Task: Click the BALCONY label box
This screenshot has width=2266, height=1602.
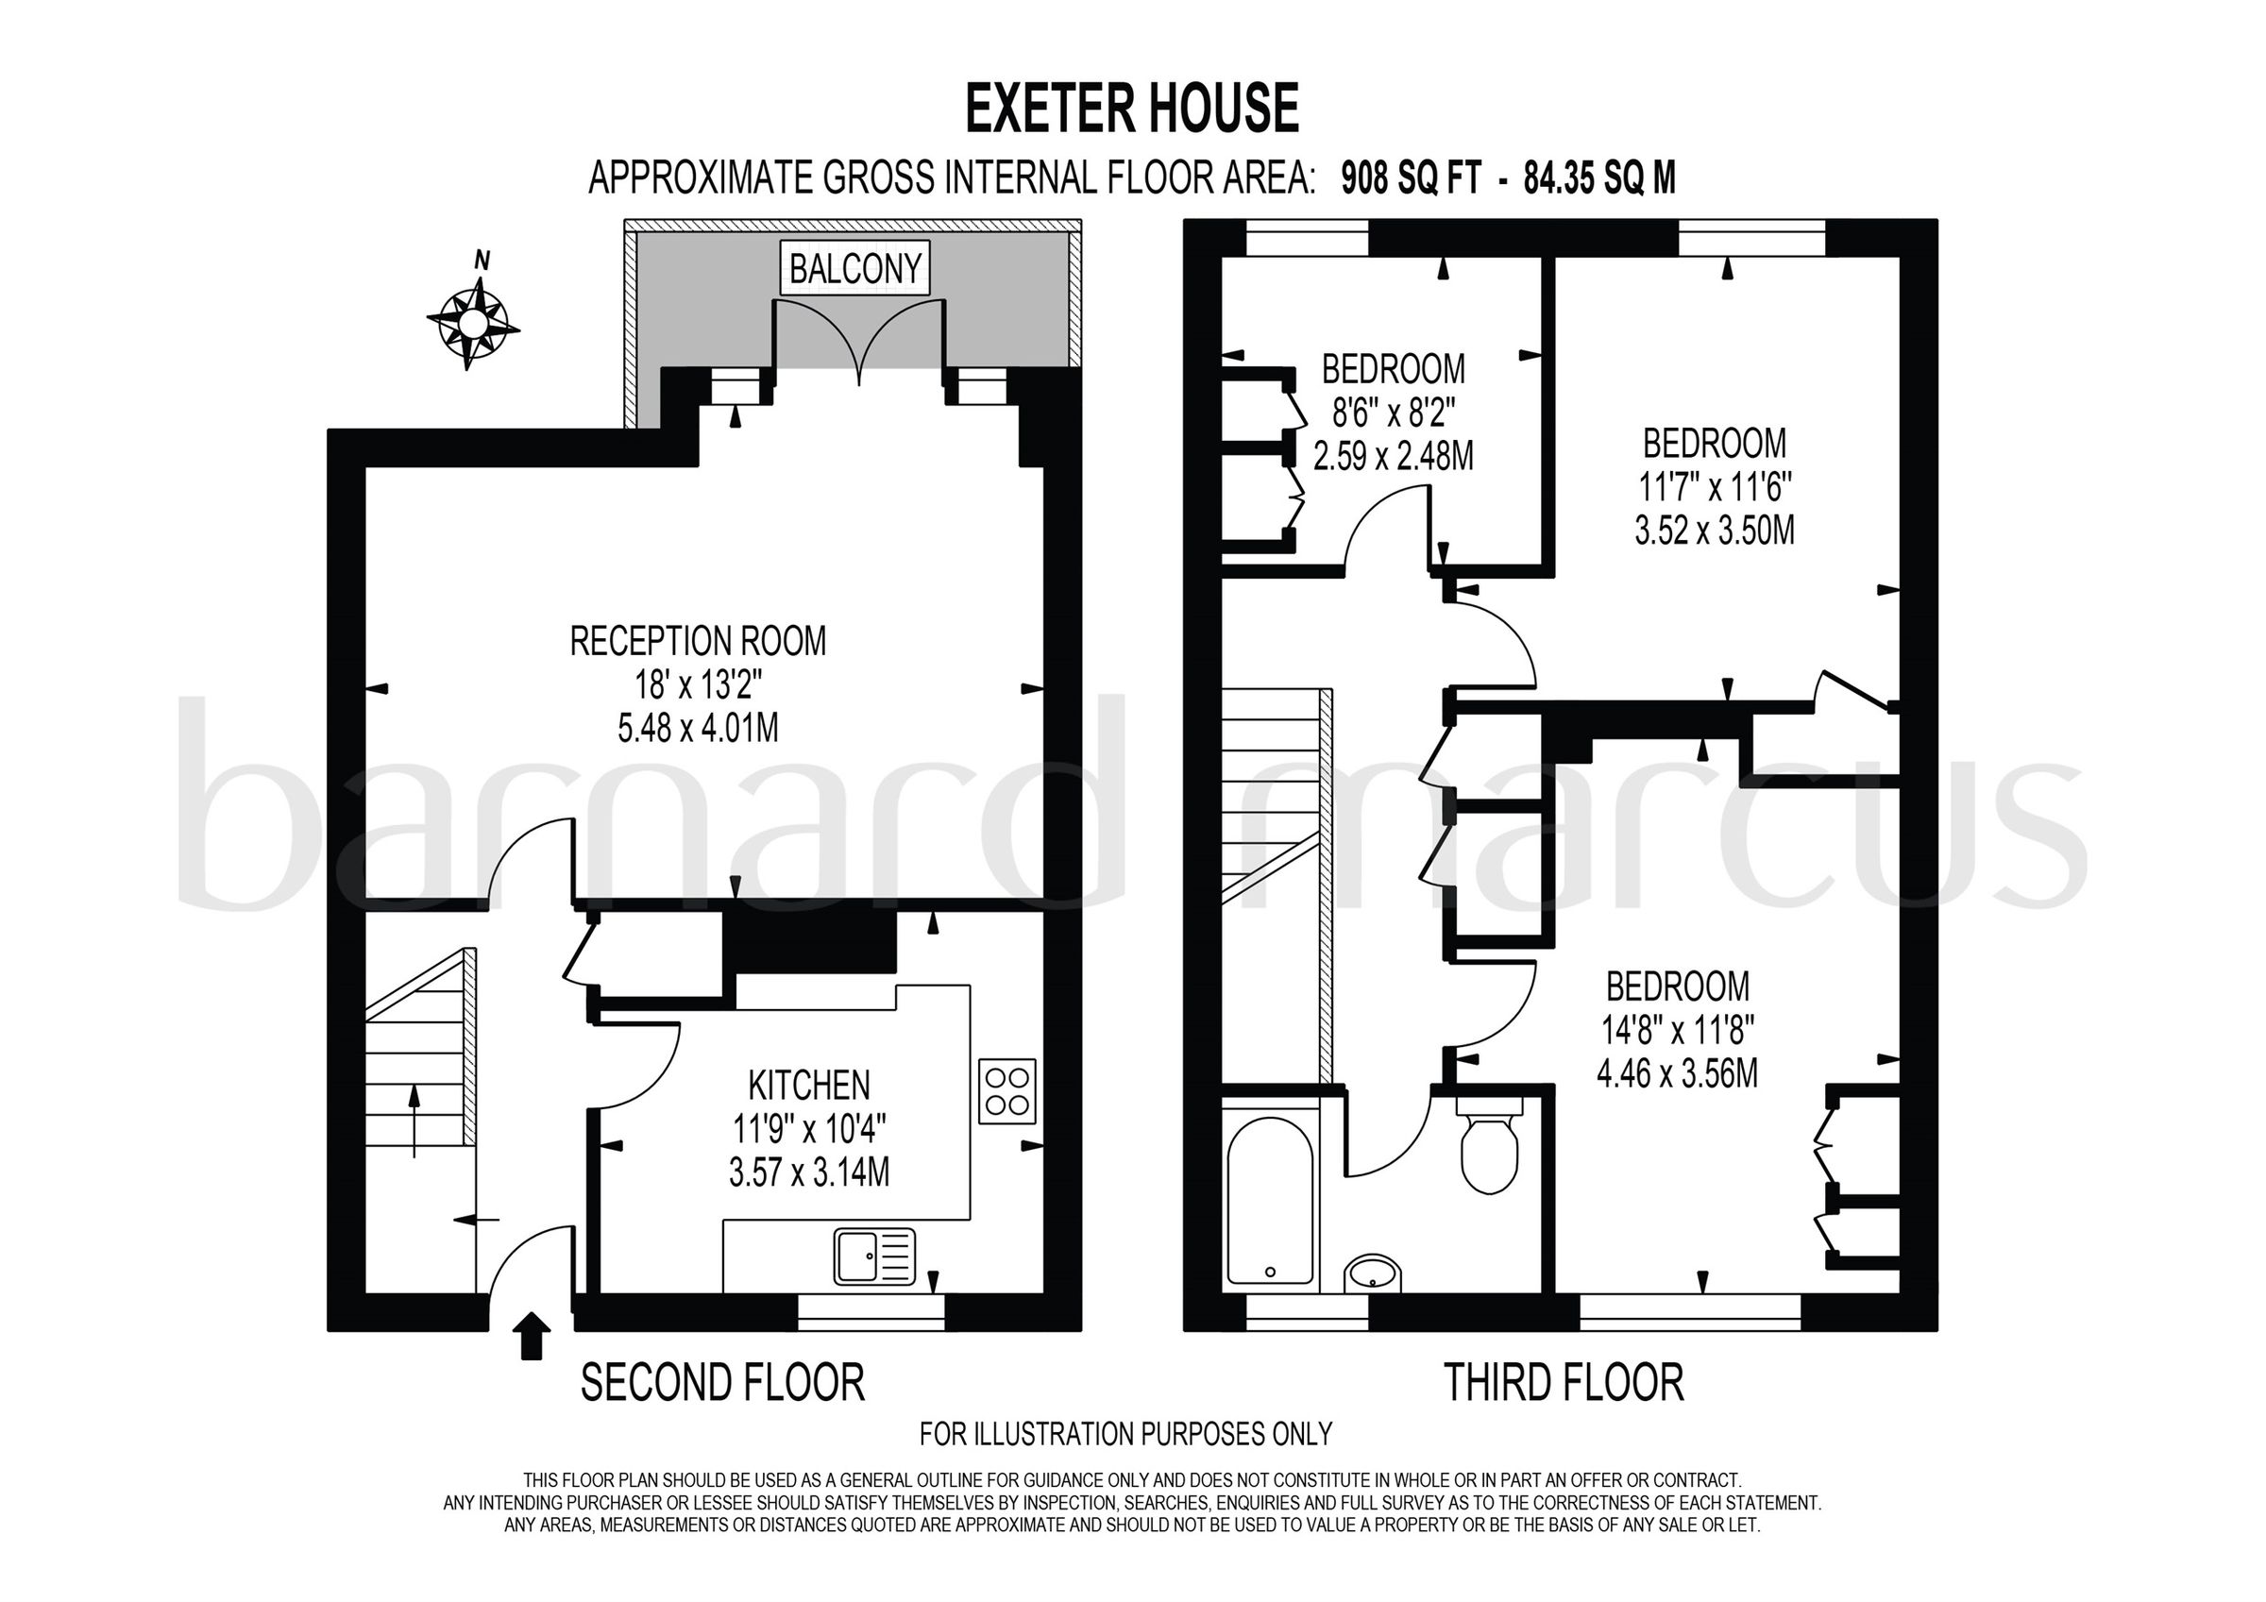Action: click(x=854, y=267)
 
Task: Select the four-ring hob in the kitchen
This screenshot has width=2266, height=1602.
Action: click(x=1006, y=1090)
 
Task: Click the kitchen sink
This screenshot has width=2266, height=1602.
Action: click(x=875, y=1256)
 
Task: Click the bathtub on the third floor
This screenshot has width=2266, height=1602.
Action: click(x=1270, y=1200)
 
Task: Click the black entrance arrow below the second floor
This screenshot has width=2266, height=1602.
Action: click(x=532, y=1337)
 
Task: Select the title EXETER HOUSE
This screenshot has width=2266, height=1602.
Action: click(x=1131, y=109)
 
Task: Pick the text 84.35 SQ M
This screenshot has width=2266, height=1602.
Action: click(x=1599, y=178)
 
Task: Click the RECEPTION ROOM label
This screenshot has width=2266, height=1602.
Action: click(x=698, y=642)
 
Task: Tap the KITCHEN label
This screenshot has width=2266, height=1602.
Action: click(x=809, y=1085)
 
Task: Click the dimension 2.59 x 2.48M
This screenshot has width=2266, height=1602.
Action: click(x=1393, y=456)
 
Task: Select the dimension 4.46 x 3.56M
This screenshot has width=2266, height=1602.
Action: click(x=1677, y=1073)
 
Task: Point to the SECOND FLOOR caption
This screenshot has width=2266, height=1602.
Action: click(x=722, y=1382)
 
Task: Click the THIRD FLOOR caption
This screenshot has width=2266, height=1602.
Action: click(x=1564, y=1382)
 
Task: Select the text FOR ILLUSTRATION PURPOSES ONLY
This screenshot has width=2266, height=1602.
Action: click(x=1125, y=1432)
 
